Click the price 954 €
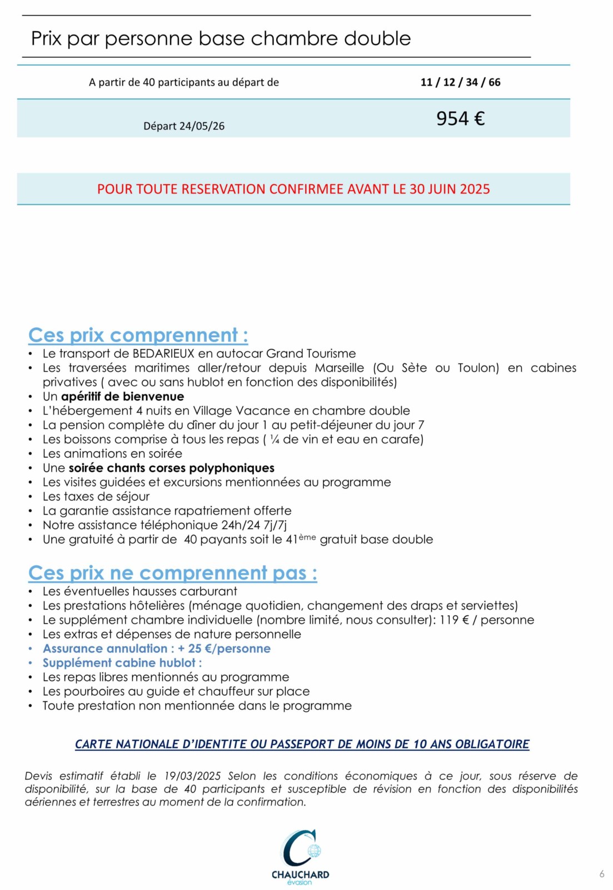460,118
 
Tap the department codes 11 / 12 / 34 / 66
460,82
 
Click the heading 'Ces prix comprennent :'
138,335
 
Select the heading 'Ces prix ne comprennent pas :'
172,573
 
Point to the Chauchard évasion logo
300,856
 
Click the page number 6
602,874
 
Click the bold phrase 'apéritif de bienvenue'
122,397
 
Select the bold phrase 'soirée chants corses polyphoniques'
171,468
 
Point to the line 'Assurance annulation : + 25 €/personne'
156,649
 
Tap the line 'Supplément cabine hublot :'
122,663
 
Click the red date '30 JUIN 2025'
450,189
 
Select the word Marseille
339,368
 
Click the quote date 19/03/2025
192,776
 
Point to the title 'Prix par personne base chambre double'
221,38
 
